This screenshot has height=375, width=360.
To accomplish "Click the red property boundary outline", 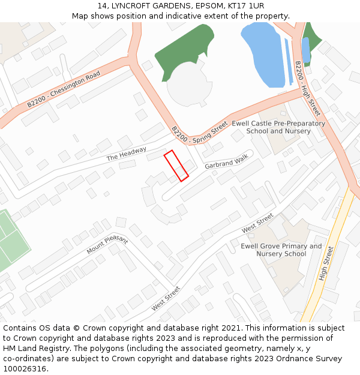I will [x=176, y=165].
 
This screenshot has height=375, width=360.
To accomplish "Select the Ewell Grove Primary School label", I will [x=281, y=250].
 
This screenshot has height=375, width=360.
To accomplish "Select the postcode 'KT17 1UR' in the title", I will [x=244, y=5].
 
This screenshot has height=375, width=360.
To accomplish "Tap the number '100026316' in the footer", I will [x=25, y=369].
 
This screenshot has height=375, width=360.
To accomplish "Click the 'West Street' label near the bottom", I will [x=166, y=298].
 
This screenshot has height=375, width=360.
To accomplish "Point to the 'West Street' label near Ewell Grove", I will [x=257, y=223].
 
